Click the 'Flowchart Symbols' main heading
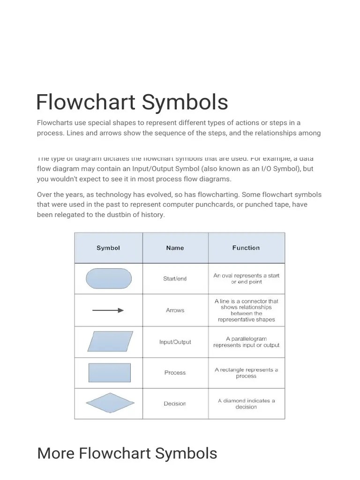coord(132,102)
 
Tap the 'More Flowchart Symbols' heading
coord(127,453)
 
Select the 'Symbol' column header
coord(108,248)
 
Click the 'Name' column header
coord(175,248)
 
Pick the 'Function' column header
coord(246,248)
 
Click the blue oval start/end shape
coord(109,278)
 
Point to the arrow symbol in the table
coord(108,310)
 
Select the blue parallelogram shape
coord(110,341)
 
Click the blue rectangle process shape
coord(110,373)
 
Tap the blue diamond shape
coord(110,403)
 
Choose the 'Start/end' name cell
coord(175,278)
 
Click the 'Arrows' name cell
coord(175,310)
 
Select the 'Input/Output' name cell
coord(175,342)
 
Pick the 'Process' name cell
coord(175,373)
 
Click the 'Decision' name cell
coord(175,404)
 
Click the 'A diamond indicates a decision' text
coord(246,404)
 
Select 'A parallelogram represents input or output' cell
coord(246,342)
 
